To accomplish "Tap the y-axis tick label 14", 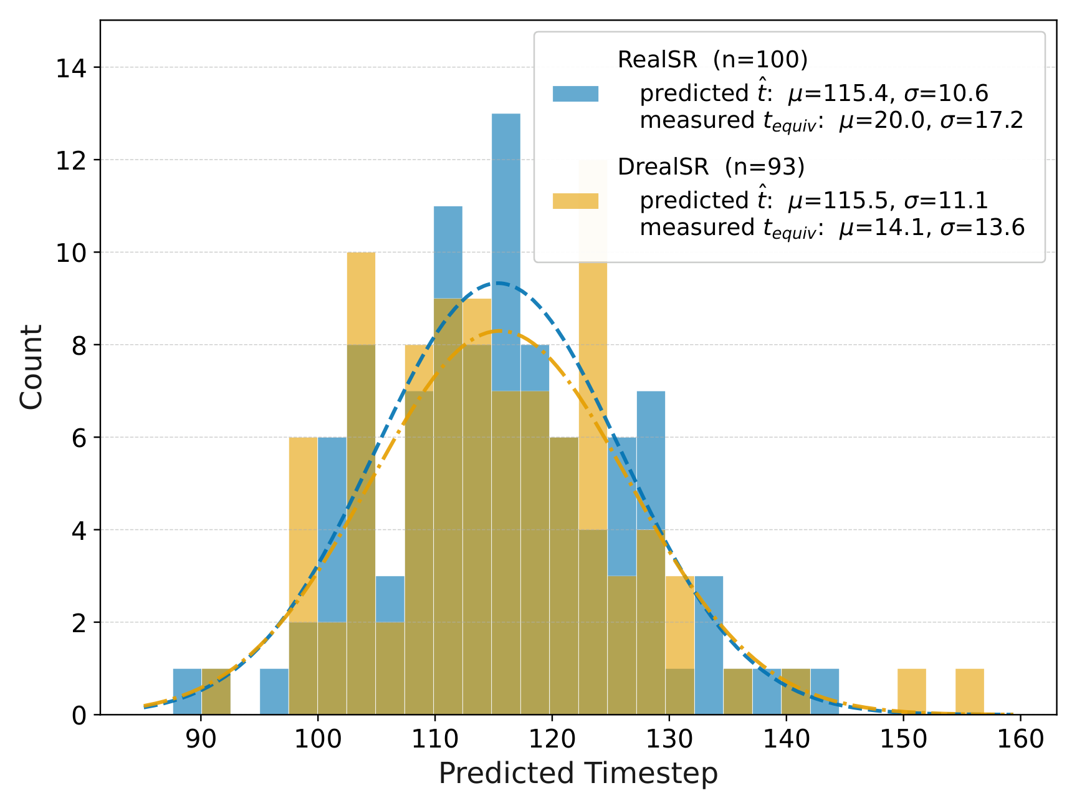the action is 72,68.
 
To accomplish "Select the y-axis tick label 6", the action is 80,438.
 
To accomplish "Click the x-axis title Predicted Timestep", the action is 578,774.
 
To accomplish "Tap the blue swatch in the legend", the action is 575,94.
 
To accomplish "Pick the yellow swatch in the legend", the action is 575,201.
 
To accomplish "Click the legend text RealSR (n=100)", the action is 712,60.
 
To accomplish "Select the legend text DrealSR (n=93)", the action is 711,167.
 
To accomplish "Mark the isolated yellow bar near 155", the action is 970,691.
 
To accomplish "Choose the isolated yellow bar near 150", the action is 912,691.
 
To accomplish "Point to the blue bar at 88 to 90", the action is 187,691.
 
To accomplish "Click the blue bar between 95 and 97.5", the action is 274,691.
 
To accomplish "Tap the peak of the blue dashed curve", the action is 498,283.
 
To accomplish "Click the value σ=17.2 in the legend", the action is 982,120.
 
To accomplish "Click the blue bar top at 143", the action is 825,668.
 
